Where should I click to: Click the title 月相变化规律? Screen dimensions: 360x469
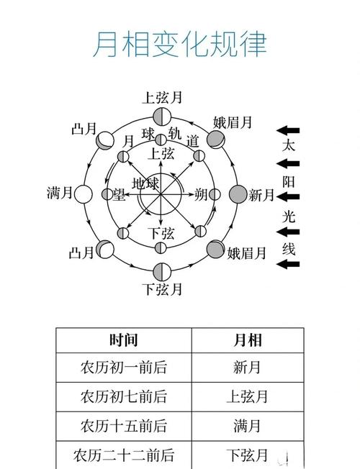[x=180, y=45]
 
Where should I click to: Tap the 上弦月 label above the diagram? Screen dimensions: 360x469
[x=162, y=98]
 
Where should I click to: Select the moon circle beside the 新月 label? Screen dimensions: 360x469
[x=238, y=194]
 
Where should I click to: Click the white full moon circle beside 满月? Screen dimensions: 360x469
[x=83, y=194]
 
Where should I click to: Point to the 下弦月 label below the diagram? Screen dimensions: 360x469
[x=162, y=289]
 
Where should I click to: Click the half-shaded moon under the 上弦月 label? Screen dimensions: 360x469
[x=162, y=117]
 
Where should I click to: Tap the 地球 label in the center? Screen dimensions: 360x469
[x=145, y=183]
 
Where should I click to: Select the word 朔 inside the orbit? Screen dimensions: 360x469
[x=201, y=194]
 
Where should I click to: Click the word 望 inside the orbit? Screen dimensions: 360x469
[x=119, y=194]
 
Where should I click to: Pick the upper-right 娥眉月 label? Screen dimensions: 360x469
[x=233, y=122]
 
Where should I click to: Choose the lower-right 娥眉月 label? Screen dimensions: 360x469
[x=246, y=253]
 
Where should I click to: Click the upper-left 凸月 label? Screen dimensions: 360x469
[x=84, y=129]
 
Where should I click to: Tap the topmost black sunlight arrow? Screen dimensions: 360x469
[x=288, y=130]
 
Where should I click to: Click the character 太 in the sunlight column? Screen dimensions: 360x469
[x=289, y=146]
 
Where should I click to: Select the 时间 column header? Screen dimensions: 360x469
[x=124, y=340]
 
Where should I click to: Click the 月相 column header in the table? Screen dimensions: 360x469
[x=248, y=340]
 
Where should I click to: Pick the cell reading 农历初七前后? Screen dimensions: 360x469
[x=124, y=396]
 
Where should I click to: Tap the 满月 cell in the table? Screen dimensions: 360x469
[x=247, y=426]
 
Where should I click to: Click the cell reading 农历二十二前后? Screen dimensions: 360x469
[x=124, y=455]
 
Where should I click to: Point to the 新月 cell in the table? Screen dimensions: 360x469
[x=247, y=368]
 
